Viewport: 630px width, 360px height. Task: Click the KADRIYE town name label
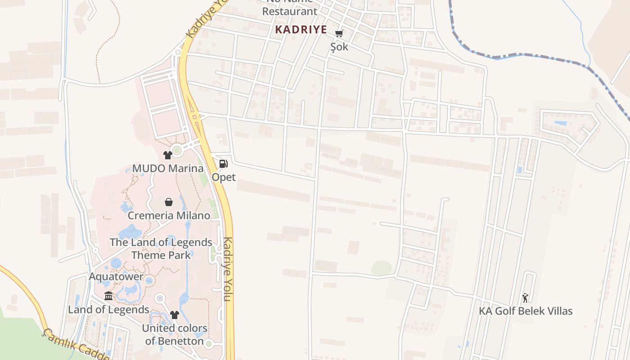click(301, 29)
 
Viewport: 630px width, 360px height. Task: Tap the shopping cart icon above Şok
click(339, 33)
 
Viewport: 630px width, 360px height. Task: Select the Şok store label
click(339, 47)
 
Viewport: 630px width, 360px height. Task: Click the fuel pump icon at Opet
click(223, 164)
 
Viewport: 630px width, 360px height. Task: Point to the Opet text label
click(224, 177)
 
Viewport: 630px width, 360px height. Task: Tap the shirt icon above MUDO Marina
click(168, 155)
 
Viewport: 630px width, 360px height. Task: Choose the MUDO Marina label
click(168, 169)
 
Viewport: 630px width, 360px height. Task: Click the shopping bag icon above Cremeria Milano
click(169, 202)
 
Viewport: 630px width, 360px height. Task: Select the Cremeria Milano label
click(169, 216)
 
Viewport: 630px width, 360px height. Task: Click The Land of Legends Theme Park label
click(161, 248)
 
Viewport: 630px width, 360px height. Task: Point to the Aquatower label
click(116, 276)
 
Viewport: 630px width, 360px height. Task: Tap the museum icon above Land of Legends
click(108, 296)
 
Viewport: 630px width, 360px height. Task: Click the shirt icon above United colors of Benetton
click(175, 315)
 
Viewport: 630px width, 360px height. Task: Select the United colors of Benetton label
click(175, 334)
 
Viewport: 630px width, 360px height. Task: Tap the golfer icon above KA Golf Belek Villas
click(525, 297)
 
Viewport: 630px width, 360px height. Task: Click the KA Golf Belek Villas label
click(526, 311)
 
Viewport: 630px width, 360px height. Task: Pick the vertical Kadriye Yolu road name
click(228, 269)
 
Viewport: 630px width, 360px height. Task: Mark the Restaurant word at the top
click(289, 12)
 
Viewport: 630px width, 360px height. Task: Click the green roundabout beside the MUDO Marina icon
click(177, 150)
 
